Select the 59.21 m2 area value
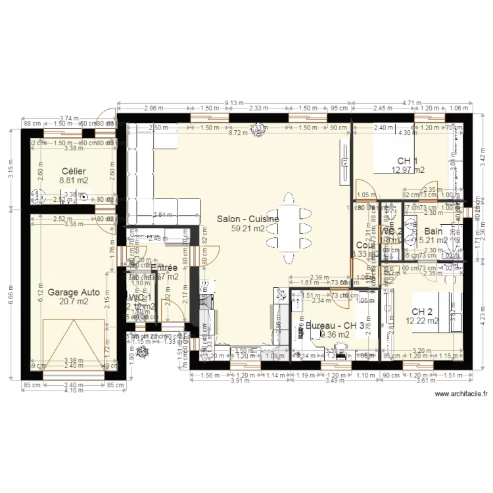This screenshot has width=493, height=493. click(248, 229)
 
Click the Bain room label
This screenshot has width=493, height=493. click(433, 231)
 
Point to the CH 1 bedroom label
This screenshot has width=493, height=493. click(408, 161)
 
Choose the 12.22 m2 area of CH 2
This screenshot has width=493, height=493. click(422, 321)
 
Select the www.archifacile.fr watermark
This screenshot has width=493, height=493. click(461, 394)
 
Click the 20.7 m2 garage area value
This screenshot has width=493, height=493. click(73, 302)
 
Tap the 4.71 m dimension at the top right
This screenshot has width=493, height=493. click(411, 103)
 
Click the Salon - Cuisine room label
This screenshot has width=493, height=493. click(248, 219)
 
